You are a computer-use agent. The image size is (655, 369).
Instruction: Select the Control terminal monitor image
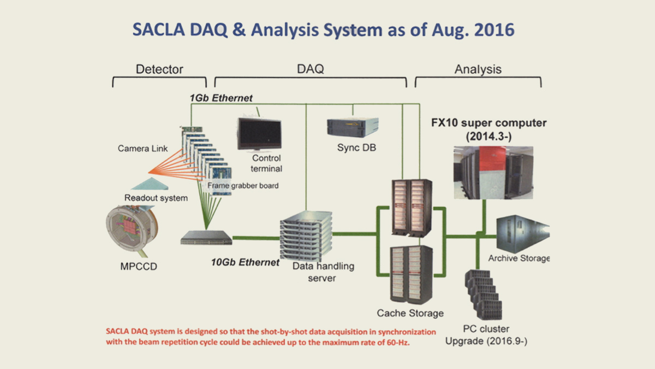pos(259,133)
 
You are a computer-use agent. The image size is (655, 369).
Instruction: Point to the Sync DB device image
pos(353,127)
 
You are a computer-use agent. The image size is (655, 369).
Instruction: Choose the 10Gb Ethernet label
pos(245,262)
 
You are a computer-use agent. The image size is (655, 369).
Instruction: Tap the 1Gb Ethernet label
pos(221,98)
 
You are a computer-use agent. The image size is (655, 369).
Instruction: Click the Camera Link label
pos(142,148)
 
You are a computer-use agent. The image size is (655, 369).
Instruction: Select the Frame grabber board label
pos(243,186)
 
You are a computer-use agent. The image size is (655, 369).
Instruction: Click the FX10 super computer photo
pos(493,172)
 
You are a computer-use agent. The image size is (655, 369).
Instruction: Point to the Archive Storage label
pos(519,259)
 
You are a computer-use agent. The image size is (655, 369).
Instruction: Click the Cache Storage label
pos(410,313)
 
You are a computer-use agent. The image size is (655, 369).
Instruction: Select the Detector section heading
pos(159,69)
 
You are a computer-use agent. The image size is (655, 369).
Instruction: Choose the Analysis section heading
pos(478,69)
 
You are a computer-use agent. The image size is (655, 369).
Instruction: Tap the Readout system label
pos(156,198)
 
